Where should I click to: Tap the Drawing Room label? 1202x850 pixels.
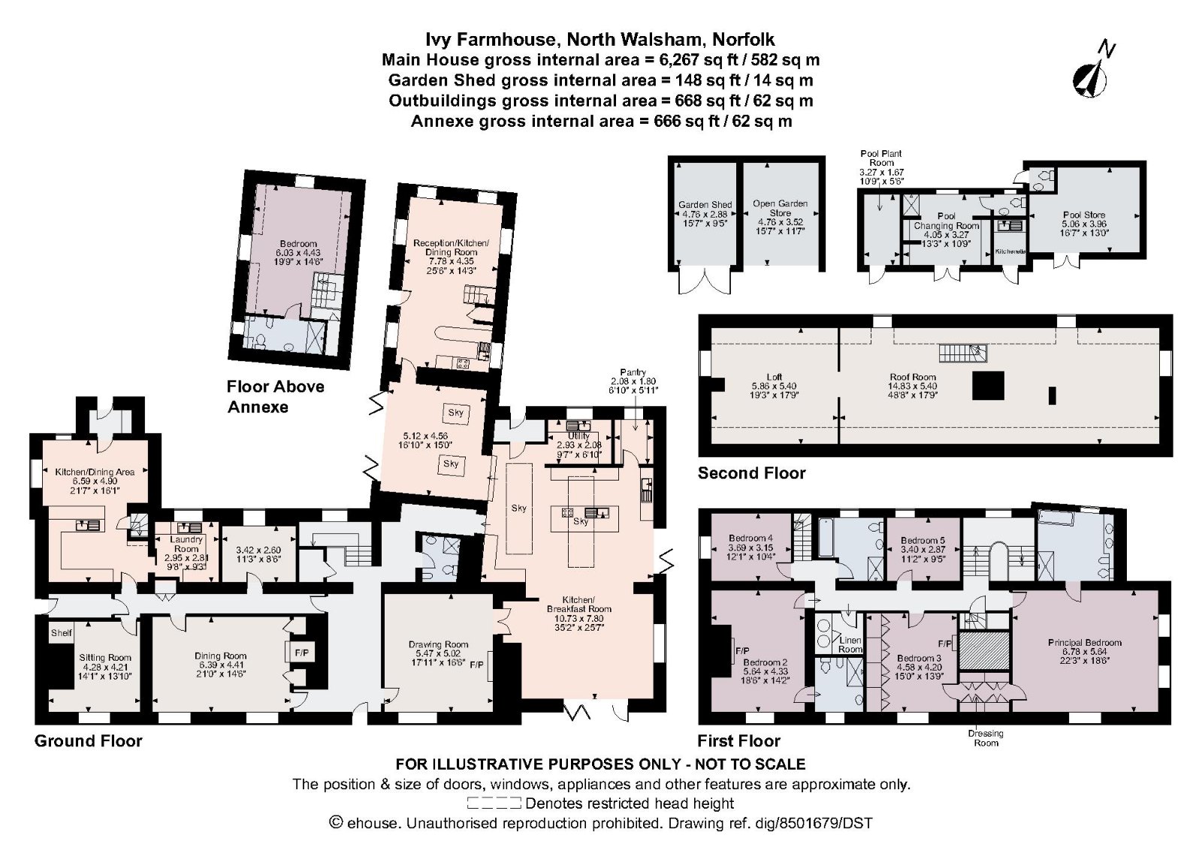(x=438, y=644)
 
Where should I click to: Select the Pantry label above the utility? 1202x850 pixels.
(x=633, y=372)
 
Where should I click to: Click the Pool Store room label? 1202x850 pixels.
(x=1084, y=215)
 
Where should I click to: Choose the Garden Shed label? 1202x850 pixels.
(x=705, y=204)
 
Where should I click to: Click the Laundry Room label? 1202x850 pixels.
(x=186, y=544)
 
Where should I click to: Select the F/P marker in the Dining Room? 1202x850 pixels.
(x=301, y=653)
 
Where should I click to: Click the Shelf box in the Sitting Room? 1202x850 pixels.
(x=61, y=633)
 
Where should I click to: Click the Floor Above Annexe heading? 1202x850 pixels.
(x=276, y=396)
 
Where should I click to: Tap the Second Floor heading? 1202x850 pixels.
(x=751, y=473)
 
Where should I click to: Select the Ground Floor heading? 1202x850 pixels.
(x=88, y=741)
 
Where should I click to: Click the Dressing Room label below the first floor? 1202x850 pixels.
(x=986, y=738)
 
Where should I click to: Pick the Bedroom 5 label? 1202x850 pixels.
(x=923, y=541)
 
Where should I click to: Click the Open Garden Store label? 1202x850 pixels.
(x=780, y=208)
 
